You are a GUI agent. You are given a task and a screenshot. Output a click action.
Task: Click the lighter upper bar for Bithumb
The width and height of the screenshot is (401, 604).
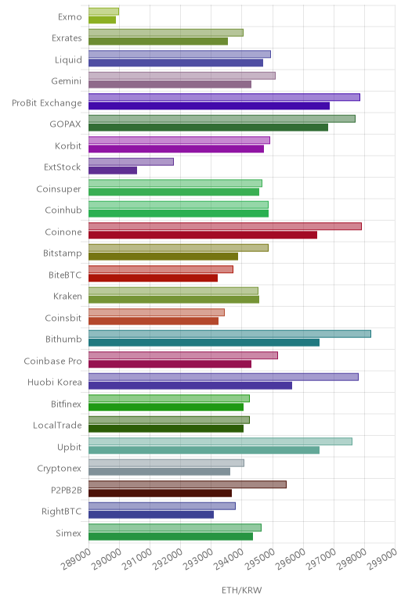coord(229,334)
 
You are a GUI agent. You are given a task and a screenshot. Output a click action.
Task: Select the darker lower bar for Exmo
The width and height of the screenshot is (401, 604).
coord(102,20)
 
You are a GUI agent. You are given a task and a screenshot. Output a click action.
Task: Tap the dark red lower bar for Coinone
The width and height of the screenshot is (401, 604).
coord(203,235)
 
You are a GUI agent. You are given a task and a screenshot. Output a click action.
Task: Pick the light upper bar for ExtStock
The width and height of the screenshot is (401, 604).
coord(131,162)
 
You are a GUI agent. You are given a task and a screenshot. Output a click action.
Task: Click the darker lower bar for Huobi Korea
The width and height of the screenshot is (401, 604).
coord(190,386)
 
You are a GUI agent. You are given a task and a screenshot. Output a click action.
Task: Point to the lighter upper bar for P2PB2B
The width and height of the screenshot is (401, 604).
coord(187,484)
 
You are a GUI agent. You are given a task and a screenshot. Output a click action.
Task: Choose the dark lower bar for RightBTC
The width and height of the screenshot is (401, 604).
coord(151,515)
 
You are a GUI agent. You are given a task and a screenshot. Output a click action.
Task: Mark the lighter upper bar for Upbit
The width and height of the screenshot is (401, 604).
coord(221,441)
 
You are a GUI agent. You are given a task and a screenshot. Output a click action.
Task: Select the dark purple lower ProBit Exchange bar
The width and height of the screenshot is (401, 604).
coord(209,106)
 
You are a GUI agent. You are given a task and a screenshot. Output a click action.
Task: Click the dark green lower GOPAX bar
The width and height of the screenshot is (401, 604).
coord(208,128)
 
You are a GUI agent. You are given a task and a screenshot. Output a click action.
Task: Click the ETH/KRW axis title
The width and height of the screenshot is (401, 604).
coord(242,590)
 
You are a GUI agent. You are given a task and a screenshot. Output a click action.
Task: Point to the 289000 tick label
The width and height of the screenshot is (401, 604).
coord(76,559)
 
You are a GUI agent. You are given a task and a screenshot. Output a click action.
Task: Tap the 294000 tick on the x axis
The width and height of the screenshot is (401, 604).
coord(229,559)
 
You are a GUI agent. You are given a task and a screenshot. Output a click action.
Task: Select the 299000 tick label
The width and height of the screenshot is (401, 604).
coord(381,559)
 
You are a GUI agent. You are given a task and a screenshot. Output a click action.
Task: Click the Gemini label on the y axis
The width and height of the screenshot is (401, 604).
coord(67,81)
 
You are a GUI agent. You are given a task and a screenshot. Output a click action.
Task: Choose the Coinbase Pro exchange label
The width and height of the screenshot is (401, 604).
coord(52,361)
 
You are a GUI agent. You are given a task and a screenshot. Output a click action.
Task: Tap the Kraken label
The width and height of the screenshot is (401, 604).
coord(67,297)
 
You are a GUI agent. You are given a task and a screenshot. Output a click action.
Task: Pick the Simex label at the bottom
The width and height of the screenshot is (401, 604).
coord(69,534)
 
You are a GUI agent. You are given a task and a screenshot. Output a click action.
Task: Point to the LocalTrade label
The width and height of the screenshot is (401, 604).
coord(57,426)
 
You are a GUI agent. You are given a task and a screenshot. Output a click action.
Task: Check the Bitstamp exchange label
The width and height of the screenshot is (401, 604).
coord(63,253)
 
